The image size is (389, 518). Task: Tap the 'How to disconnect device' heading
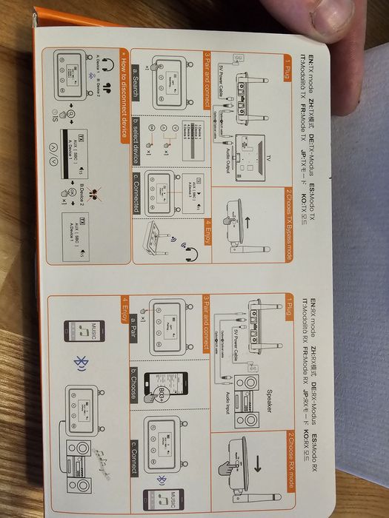pyautogui.click(x=116, y=92)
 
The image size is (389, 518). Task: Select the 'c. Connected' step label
pyautogui.click(x=135, y=195)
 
